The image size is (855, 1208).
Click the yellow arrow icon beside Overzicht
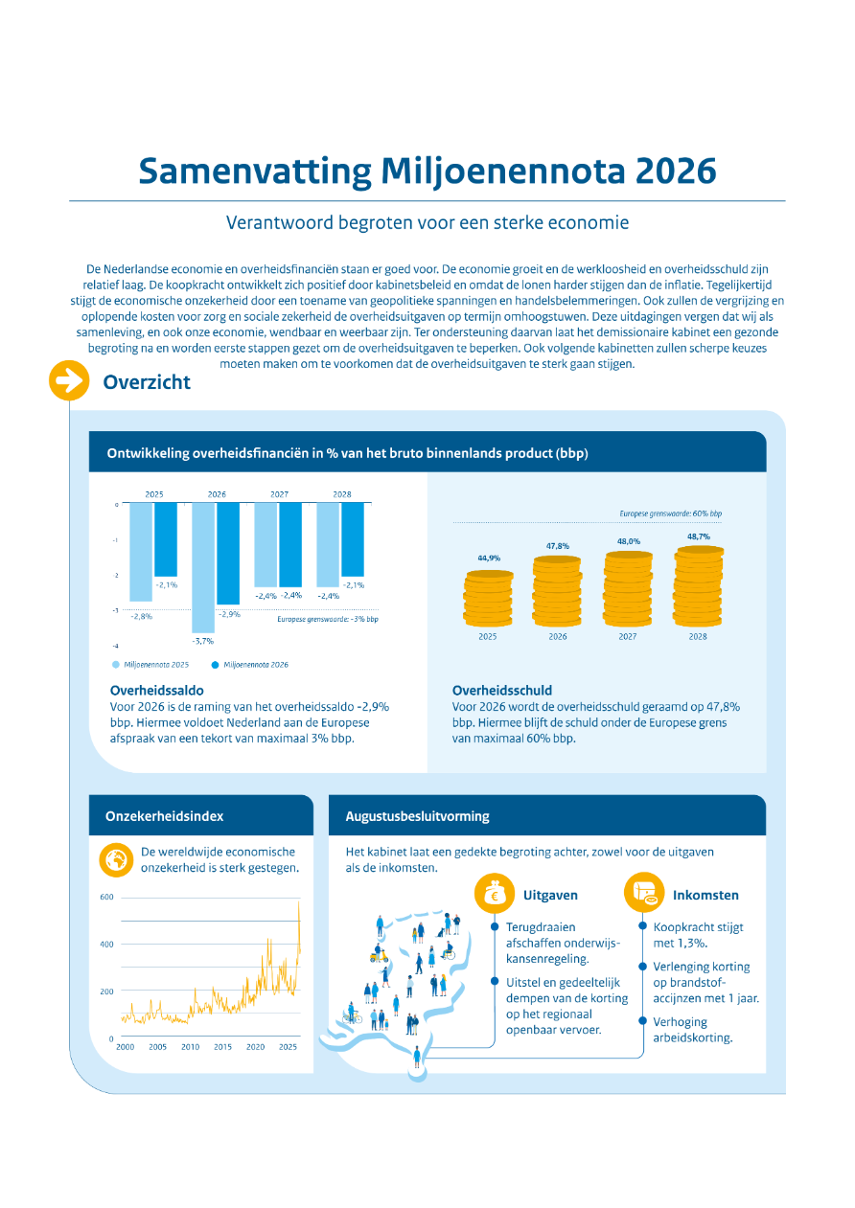click(x=68, y=381)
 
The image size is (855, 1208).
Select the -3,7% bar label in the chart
click(x=202, y=640)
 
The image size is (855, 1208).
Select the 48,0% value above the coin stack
click(x=628, y=541)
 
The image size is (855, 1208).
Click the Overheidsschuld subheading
click(x=502, y=690)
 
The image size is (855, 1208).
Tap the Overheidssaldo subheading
click(x=157, y=690)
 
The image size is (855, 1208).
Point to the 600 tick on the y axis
click(x=106, y=898)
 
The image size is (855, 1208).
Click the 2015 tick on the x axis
click(x=222, y=1047)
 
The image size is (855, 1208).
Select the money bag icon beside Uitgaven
click(x=494, y=895)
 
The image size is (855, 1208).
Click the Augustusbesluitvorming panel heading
click(x=417, y=816)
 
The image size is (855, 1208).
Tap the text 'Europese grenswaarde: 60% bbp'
click(x=671, y=513)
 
